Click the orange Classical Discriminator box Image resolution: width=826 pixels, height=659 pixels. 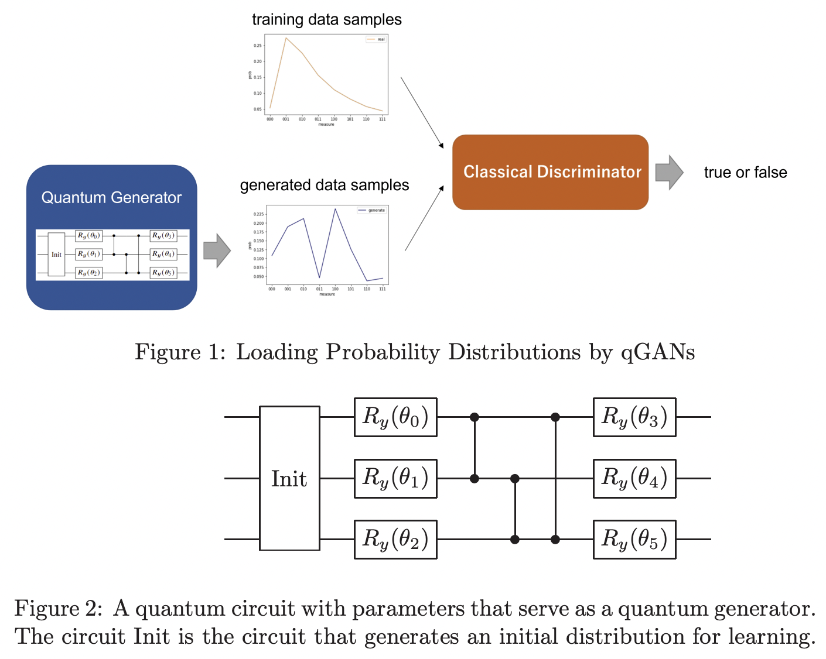coord(550,172)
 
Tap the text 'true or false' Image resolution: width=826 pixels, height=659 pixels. coord(745,173)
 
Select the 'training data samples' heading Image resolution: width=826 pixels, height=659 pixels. coord(326,20)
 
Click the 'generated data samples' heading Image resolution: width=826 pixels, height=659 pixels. coord(324,186)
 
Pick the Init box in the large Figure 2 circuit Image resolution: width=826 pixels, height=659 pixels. coord(289,478)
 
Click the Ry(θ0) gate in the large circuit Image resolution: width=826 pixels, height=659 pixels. coord(395,417)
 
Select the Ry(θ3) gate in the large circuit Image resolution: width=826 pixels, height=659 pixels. coord(634,417)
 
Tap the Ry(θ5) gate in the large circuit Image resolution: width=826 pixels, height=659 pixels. coord(634,539)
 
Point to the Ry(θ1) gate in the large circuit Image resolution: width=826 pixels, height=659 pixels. coord(395,478)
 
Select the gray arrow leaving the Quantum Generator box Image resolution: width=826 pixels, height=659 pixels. coord(217,250)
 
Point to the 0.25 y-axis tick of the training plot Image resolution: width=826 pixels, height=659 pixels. coord(258,46)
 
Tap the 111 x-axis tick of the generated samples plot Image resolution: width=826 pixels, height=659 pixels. coord(383,289)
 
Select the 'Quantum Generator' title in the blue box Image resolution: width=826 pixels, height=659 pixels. coord(111,198)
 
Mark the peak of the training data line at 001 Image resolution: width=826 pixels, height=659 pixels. coord(286,38)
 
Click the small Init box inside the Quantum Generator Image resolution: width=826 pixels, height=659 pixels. coord(56,255)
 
